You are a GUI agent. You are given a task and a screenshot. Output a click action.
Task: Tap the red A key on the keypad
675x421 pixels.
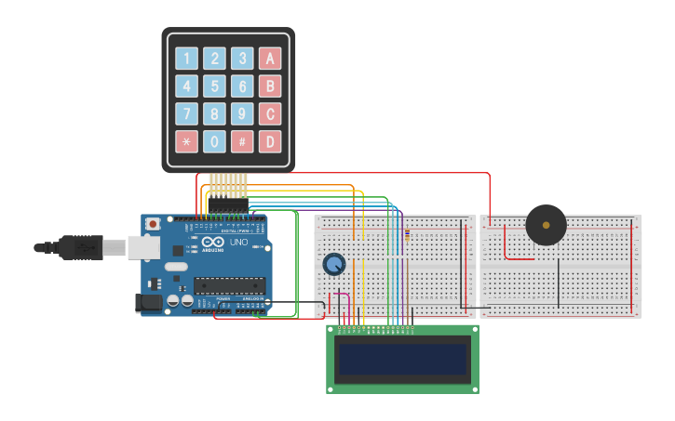[x=270, y=59]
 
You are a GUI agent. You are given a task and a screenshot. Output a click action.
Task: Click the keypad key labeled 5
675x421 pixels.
[x=215, y=86]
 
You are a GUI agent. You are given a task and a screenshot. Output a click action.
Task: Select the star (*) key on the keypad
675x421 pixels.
[x=187, y=142]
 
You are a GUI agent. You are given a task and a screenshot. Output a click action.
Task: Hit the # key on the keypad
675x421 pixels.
[x=242, y=142]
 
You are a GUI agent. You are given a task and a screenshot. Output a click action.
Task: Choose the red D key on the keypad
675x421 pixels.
[x=270, y=142]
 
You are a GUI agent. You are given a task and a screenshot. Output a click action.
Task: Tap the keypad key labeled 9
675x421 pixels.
[x=242, y=114]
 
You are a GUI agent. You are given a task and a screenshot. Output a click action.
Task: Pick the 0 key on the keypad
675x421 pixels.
[x=215, y=142]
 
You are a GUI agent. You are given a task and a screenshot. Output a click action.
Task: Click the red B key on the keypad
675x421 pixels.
[x=270, y=86]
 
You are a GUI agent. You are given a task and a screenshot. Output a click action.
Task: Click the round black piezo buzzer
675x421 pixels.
[x=546, y=225]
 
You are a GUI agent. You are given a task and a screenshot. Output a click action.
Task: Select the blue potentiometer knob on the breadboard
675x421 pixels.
[x=333, y=265]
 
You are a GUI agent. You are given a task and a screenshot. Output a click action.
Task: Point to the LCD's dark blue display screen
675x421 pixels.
[x=402, y=360]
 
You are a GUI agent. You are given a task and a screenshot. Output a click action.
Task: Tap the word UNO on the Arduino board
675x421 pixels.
[x=239, y=243]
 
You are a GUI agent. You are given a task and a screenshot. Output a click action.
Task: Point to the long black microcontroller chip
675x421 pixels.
[x=229, y=285]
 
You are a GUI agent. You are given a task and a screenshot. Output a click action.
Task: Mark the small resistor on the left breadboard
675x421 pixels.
[x=407, y=236]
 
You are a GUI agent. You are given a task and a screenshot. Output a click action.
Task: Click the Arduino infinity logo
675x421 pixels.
[x=213, y=243]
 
